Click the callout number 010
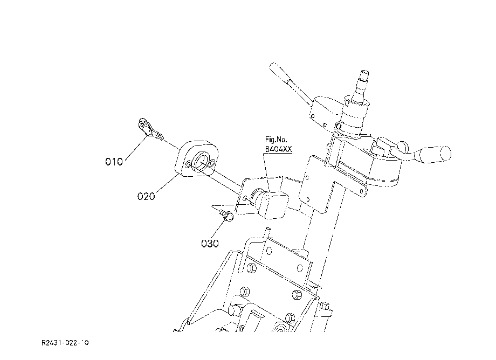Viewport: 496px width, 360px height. click(114, 162)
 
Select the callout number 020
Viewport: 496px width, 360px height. click(146, 196)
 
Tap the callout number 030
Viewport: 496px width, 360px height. click(210, 244)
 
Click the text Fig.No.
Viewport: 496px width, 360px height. click(276, 140)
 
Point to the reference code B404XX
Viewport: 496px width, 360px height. click(278, 149)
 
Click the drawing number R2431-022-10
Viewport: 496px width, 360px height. click(65, 343)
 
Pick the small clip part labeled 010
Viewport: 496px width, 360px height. click(150, 129)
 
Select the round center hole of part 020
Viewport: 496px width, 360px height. click(202, 161)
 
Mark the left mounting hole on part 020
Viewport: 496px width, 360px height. click(188, 165)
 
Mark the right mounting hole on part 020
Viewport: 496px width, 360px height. click(212, 162)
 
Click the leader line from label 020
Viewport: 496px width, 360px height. click(167, 183)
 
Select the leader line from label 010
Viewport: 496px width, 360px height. click(136, 147)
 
